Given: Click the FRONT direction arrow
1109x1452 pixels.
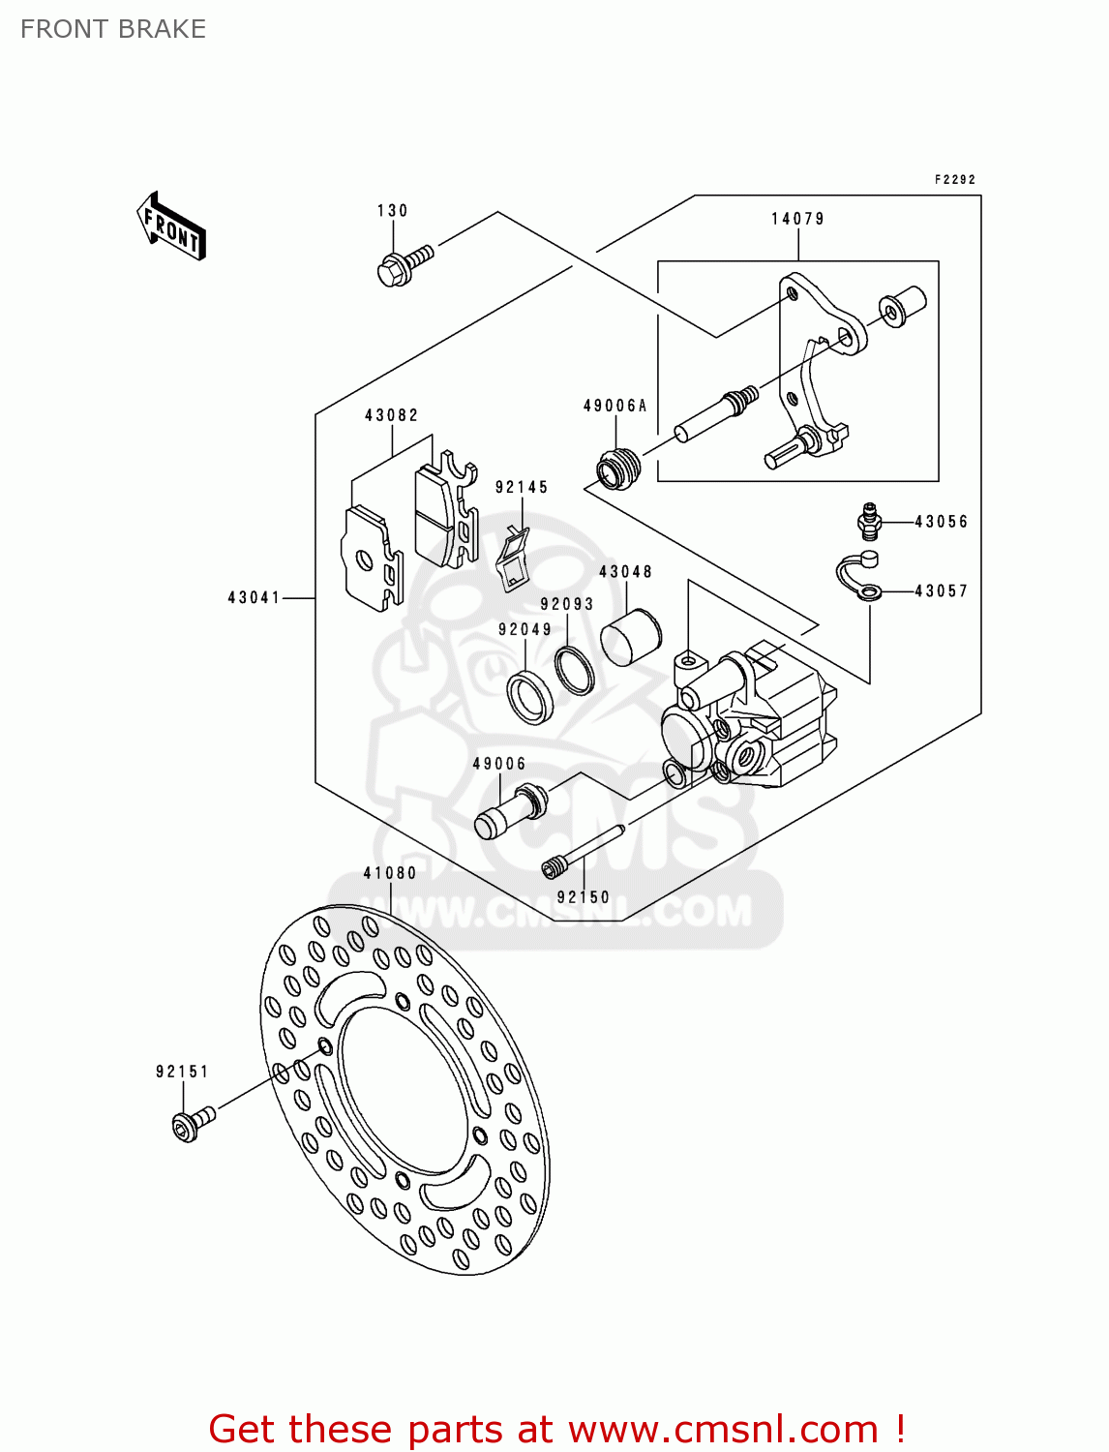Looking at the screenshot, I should pos(171,227).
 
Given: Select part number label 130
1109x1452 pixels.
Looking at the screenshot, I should pos(392,211).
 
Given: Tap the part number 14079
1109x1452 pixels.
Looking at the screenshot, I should pos(797,219).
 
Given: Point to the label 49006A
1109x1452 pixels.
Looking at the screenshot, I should pos(614,406).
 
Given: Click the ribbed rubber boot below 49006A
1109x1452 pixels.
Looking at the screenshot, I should pos(617,469).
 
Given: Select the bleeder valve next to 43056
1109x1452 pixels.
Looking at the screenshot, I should pos(869,521).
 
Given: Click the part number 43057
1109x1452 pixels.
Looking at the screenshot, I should pos(941,590).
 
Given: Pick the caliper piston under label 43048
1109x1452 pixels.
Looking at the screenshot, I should pos(630,638).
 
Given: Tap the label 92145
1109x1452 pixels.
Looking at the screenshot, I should pos(522,487).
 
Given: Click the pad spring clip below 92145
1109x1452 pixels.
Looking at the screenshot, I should pos(514,560).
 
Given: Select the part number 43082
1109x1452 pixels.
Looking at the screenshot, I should pos(391,415).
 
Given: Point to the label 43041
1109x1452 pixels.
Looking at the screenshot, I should pos(254,597).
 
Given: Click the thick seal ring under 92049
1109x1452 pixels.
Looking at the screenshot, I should pos(530,695).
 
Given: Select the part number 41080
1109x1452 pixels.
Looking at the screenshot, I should pos(389,872).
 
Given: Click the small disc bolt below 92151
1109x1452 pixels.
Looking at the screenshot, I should pos(192,1123).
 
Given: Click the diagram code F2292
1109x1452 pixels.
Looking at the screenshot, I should pos(954,179).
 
